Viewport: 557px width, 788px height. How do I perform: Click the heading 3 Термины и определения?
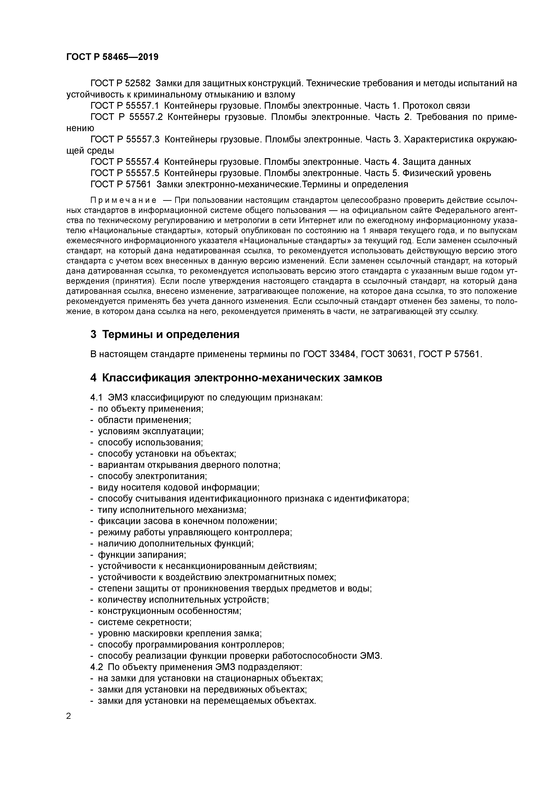pos(165,334)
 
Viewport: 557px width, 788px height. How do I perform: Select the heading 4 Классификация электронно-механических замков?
pos(236,378)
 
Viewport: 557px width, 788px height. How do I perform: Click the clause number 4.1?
pos(96,397)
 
